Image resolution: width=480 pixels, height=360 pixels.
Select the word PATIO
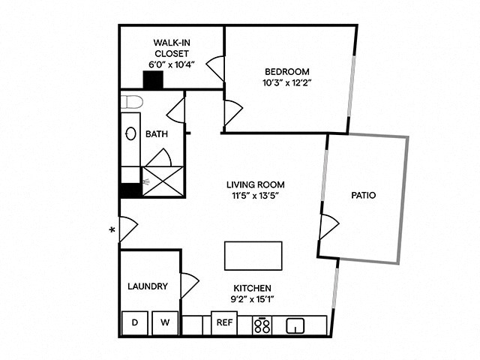click(x=363, y=195)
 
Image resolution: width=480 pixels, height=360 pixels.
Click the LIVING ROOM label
click(x=256, y=184)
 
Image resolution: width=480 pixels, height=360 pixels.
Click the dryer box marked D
click(x=135, y=323)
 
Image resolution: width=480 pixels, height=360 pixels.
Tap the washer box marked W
click(x=166, y=323)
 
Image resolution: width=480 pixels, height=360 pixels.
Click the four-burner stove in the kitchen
click(x=262, y=325)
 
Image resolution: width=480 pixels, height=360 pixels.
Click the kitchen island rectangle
click(x=253, y=256)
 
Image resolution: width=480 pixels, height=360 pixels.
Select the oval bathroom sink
click(x=130, y=134)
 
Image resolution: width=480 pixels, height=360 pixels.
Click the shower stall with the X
click(x=163, y=181)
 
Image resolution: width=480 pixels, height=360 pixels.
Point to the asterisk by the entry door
click(x=112, y=230)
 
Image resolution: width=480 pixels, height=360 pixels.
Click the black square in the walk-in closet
click(x=154, y=79)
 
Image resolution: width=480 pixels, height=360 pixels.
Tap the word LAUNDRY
click(x=147, y=286)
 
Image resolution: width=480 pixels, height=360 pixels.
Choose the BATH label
click(x=157, y=134)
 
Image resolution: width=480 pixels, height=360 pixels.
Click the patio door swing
click(x=328, y=226)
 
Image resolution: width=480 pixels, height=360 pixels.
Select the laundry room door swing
click(x=188, y=285)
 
